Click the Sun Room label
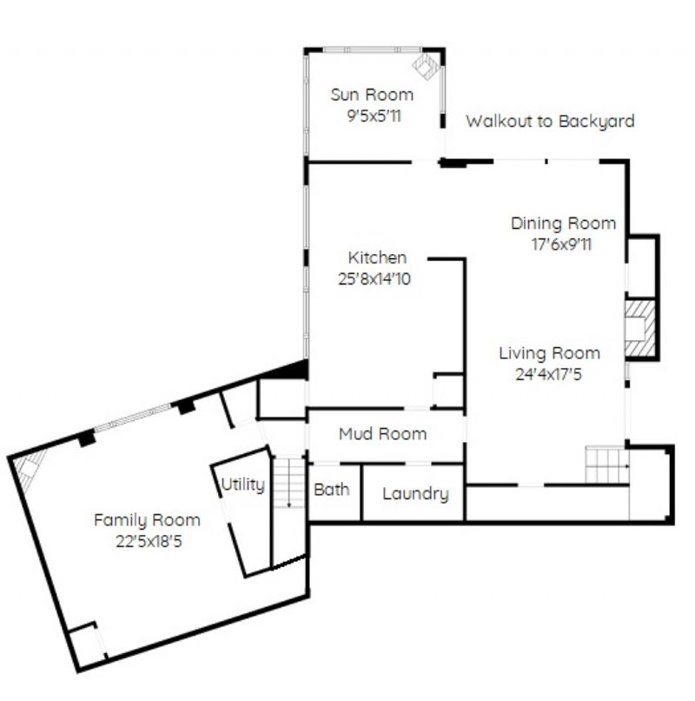click(372, 95)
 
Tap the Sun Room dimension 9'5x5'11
click(374, 117)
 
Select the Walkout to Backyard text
click(550, 121)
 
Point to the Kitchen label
click(377, 257)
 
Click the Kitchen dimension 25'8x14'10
click(374, 279)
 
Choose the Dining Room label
click(563, 224)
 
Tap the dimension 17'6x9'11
click(561, 244)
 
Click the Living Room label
click(549, 353)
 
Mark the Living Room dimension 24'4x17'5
click(549, 374)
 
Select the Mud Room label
click(383, 434)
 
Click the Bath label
click(331, 490)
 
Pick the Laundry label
click(415, 494)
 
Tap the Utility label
click(243, 484)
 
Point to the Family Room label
click(147, 520)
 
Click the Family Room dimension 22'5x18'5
click(149, 542)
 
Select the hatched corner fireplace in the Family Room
click(30, 468)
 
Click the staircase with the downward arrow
click(289, 483)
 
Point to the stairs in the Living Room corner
click(607, 465)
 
